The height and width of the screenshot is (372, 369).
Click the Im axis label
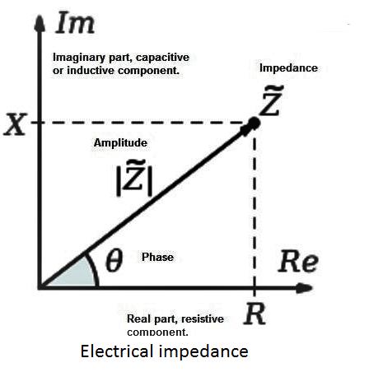pyautogui.click(x=75, y=23)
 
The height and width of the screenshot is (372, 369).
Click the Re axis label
pyautogui.click(x=298, y=262)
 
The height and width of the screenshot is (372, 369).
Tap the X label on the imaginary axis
pyautogui.click(x=15, y=124)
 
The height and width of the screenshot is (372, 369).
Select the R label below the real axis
pyautogui.click(x=255, y=314)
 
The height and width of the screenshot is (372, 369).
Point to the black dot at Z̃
pyautogui.click(x=254, y=123)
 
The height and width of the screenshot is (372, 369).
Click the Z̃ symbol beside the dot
pyautogui.click(x=271, y=101)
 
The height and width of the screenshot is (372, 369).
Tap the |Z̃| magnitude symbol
pyautogui.click(x=134, y=179)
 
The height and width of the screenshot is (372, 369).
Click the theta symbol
pyautogui.click(x=114, y=260)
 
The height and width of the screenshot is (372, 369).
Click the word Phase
pyautogui.click(x=157, y=257)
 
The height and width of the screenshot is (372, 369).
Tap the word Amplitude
pyautogui.click(x=120, y=143)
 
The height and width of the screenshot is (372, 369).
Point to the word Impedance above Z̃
pyautogui.click(x=288, y=68)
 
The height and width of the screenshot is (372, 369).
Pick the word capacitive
pyautogui.click(x=162, y=58)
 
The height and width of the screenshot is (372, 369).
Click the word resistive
pyautogui.click(x=203, y=319)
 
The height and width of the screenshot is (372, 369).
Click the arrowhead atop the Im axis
pyautogui.click(x=40, y=22)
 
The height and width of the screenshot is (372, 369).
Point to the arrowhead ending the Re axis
pyautogui.click(x=304, y=288)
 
